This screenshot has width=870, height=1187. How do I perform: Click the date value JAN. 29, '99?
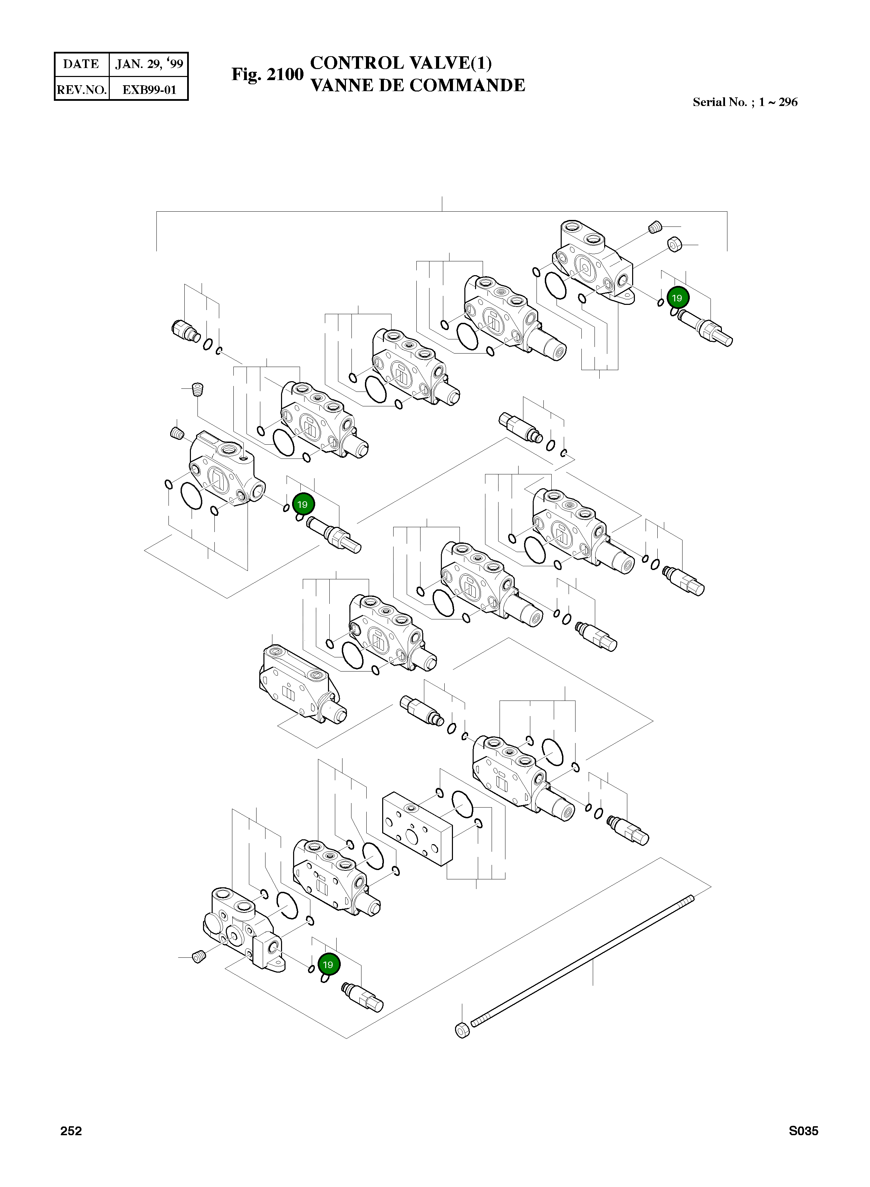tap(149, 64)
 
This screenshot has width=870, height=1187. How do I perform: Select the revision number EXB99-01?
tap(149, 89)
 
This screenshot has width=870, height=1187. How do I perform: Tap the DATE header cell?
tap(81, 64)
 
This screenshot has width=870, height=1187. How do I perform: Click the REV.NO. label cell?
tap(81, 89)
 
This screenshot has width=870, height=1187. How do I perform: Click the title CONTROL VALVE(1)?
tap(401, 63)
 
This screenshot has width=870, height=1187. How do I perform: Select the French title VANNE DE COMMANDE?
tap(418, 85)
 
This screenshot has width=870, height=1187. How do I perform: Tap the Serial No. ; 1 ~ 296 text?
tap(745, 102)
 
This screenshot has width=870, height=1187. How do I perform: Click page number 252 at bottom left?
tap(71, 1131)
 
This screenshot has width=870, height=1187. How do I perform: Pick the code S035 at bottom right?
tap(803, 1131)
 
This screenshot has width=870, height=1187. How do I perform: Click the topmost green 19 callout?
tap(677, 298)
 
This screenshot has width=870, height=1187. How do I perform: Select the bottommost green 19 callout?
tap(328, 965)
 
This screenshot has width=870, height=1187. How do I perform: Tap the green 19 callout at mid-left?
tap(302, 504)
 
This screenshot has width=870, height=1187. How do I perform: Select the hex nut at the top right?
tap(675, 244)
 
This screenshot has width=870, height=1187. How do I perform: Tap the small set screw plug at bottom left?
tap(199, 957)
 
